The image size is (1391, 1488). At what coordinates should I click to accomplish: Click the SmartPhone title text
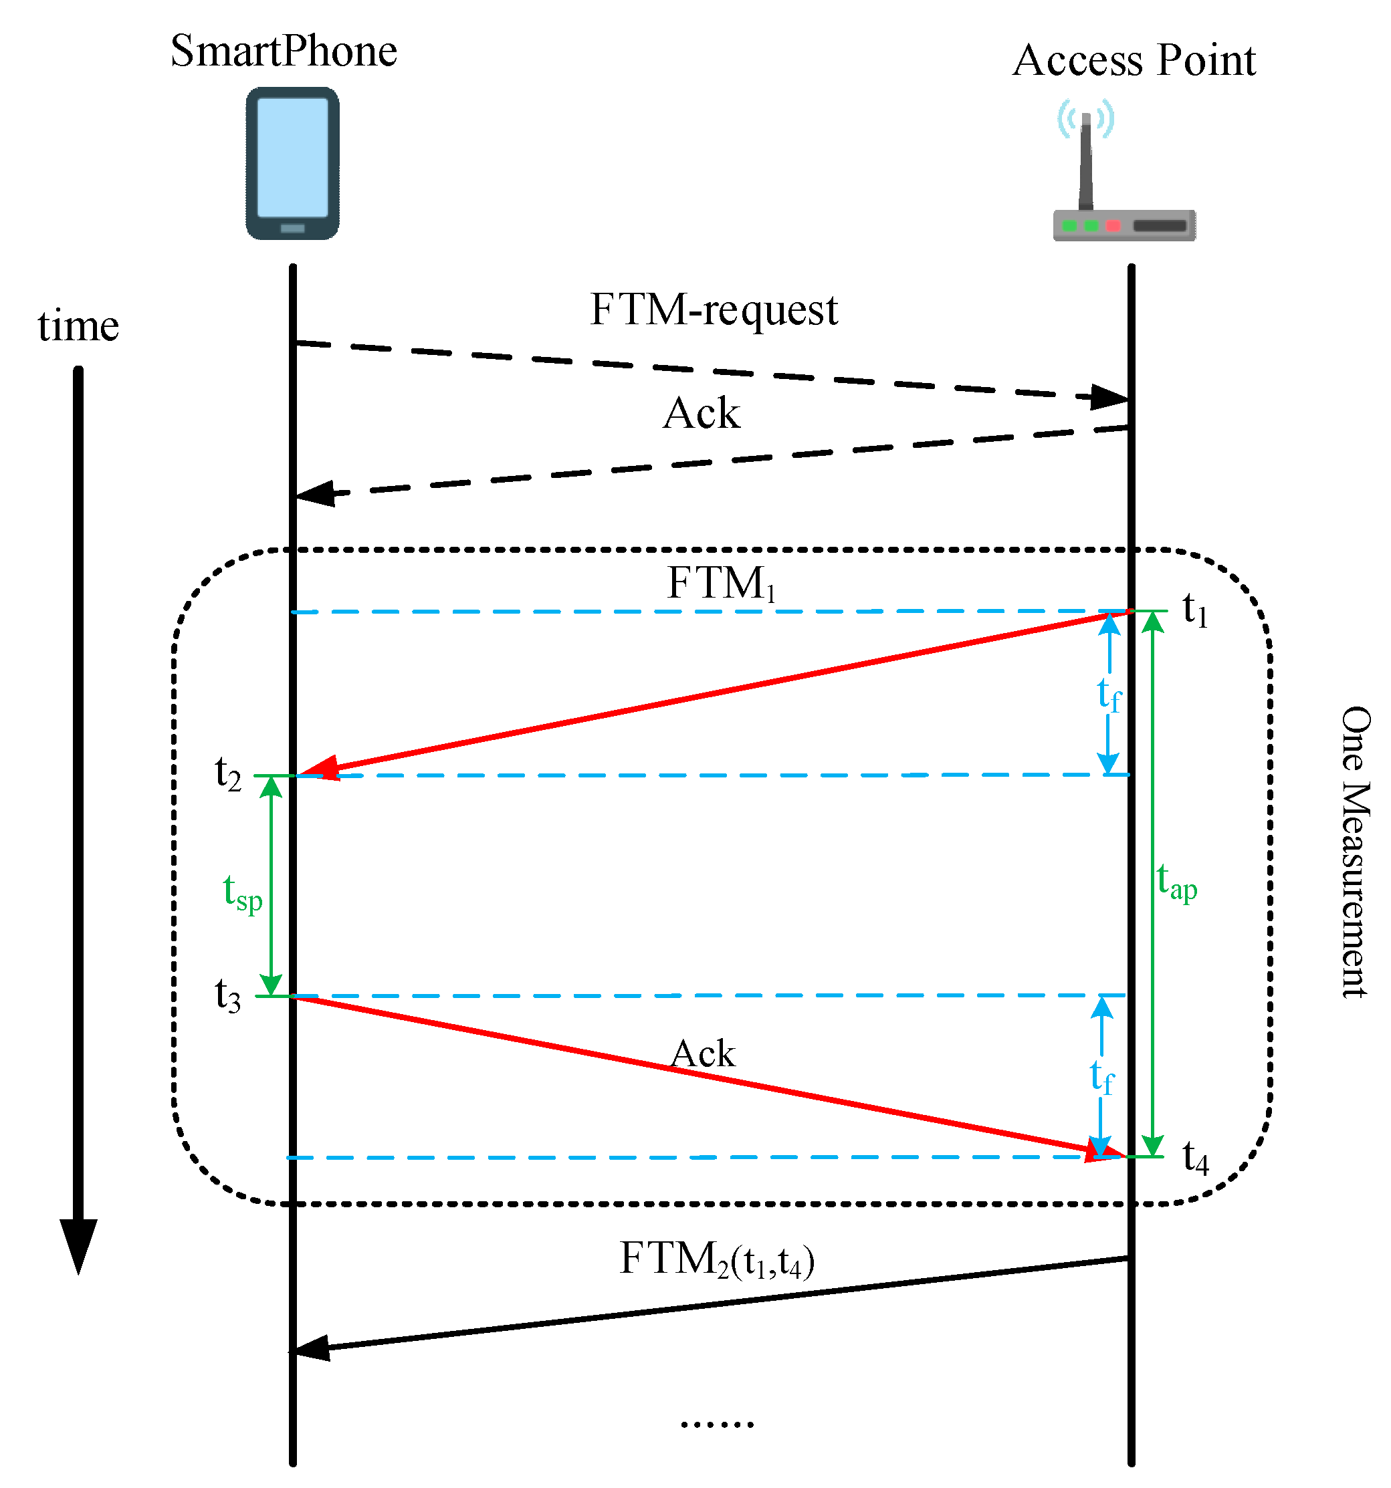pyautogui.click(x=283, y=51)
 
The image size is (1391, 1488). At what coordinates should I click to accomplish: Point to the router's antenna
pyautogui.click(x=1085, y=161)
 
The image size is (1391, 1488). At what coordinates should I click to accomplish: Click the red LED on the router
pyautogui.click(x=1113, y=225)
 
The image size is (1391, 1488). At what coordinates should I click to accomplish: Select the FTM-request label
pyautogui.click(x=713, y=310)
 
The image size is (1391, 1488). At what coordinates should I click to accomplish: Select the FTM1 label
pyautogui.click(x=720, y=583)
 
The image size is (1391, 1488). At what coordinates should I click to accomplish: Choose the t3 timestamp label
pyautogui.click(x=227, y=995)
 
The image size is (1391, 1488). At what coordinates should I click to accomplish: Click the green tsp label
pyautogui.click(x=243, y=892)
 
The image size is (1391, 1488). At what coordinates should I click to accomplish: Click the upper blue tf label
pyautogui.click(x=1109, y=695)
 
